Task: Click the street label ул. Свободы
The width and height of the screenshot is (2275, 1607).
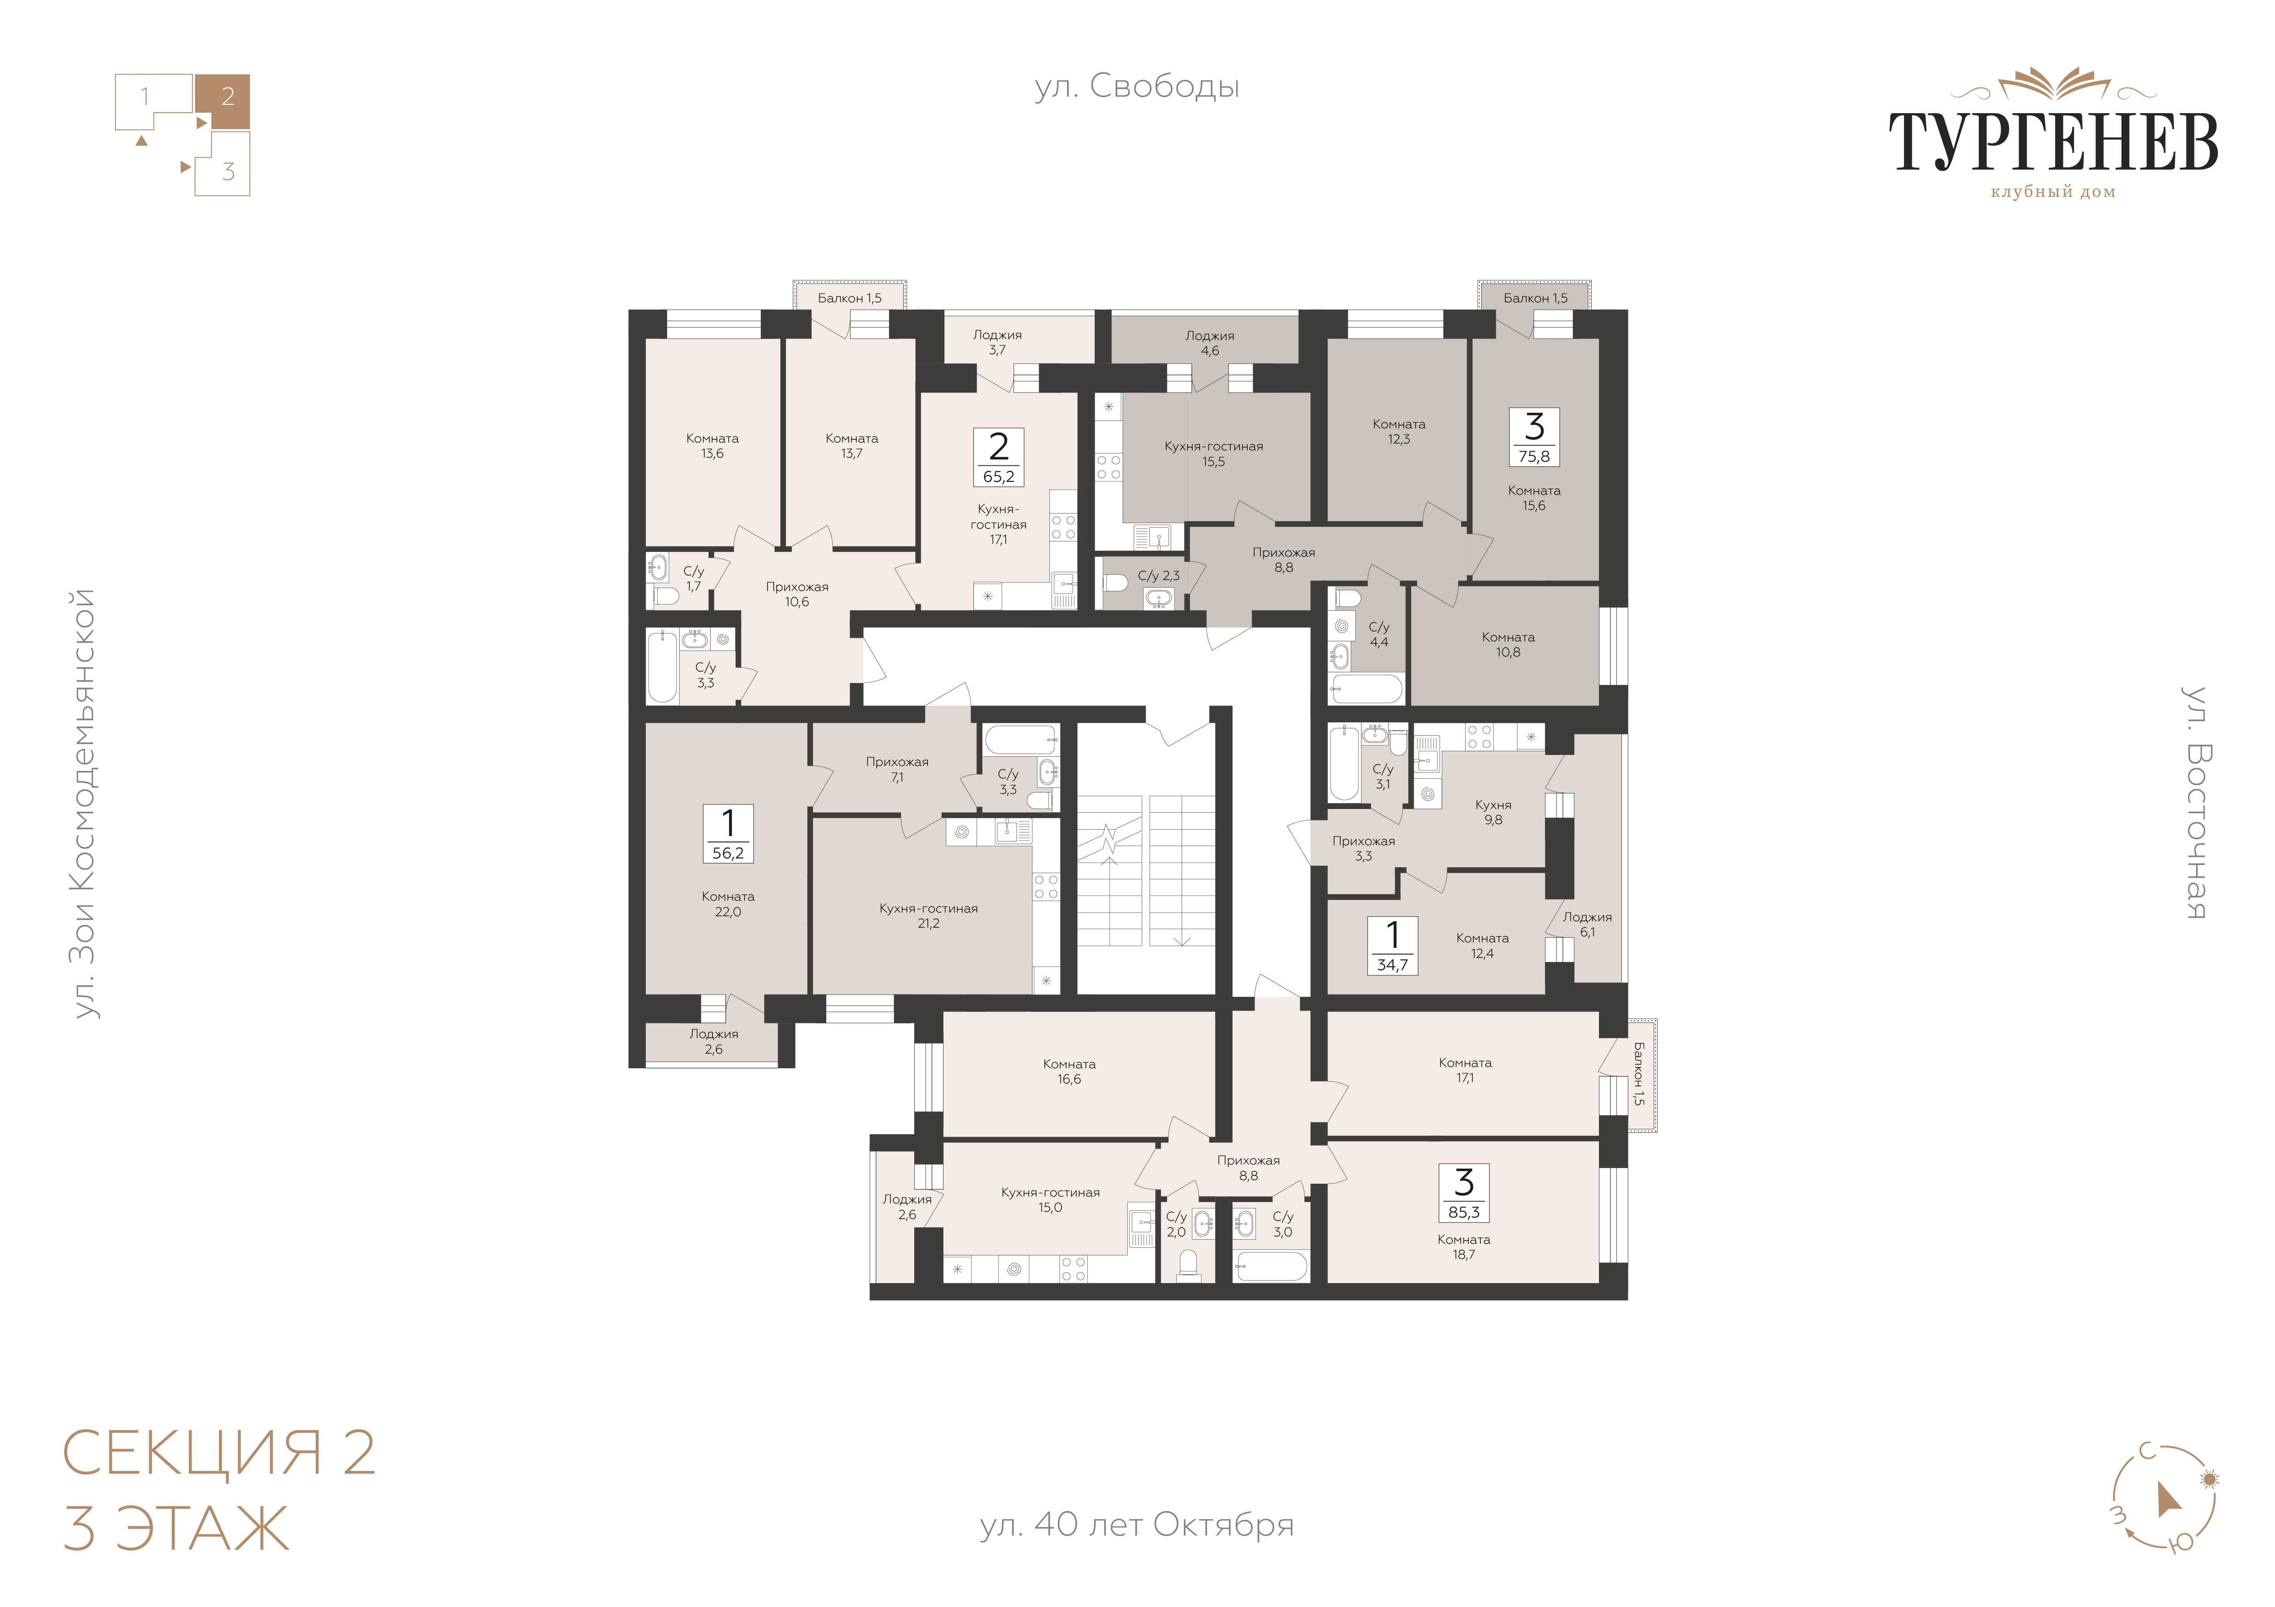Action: click(1136, 87)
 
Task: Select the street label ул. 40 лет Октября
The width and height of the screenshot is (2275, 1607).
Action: click(1136, 1525)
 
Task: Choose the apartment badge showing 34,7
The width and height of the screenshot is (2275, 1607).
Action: click(1392, 946)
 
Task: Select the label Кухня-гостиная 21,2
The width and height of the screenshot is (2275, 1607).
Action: click(928, 915)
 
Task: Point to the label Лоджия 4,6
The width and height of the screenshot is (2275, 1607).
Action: click(1210, 343)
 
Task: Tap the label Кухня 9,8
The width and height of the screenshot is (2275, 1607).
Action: click(1493, 812)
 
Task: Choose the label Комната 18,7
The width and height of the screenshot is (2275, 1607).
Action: click(1463, 1246)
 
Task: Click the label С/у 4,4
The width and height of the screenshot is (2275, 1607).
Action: click(1379, 634)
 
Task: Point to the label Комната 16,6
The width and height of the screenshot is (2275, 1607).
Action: click(1069, 1072)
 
